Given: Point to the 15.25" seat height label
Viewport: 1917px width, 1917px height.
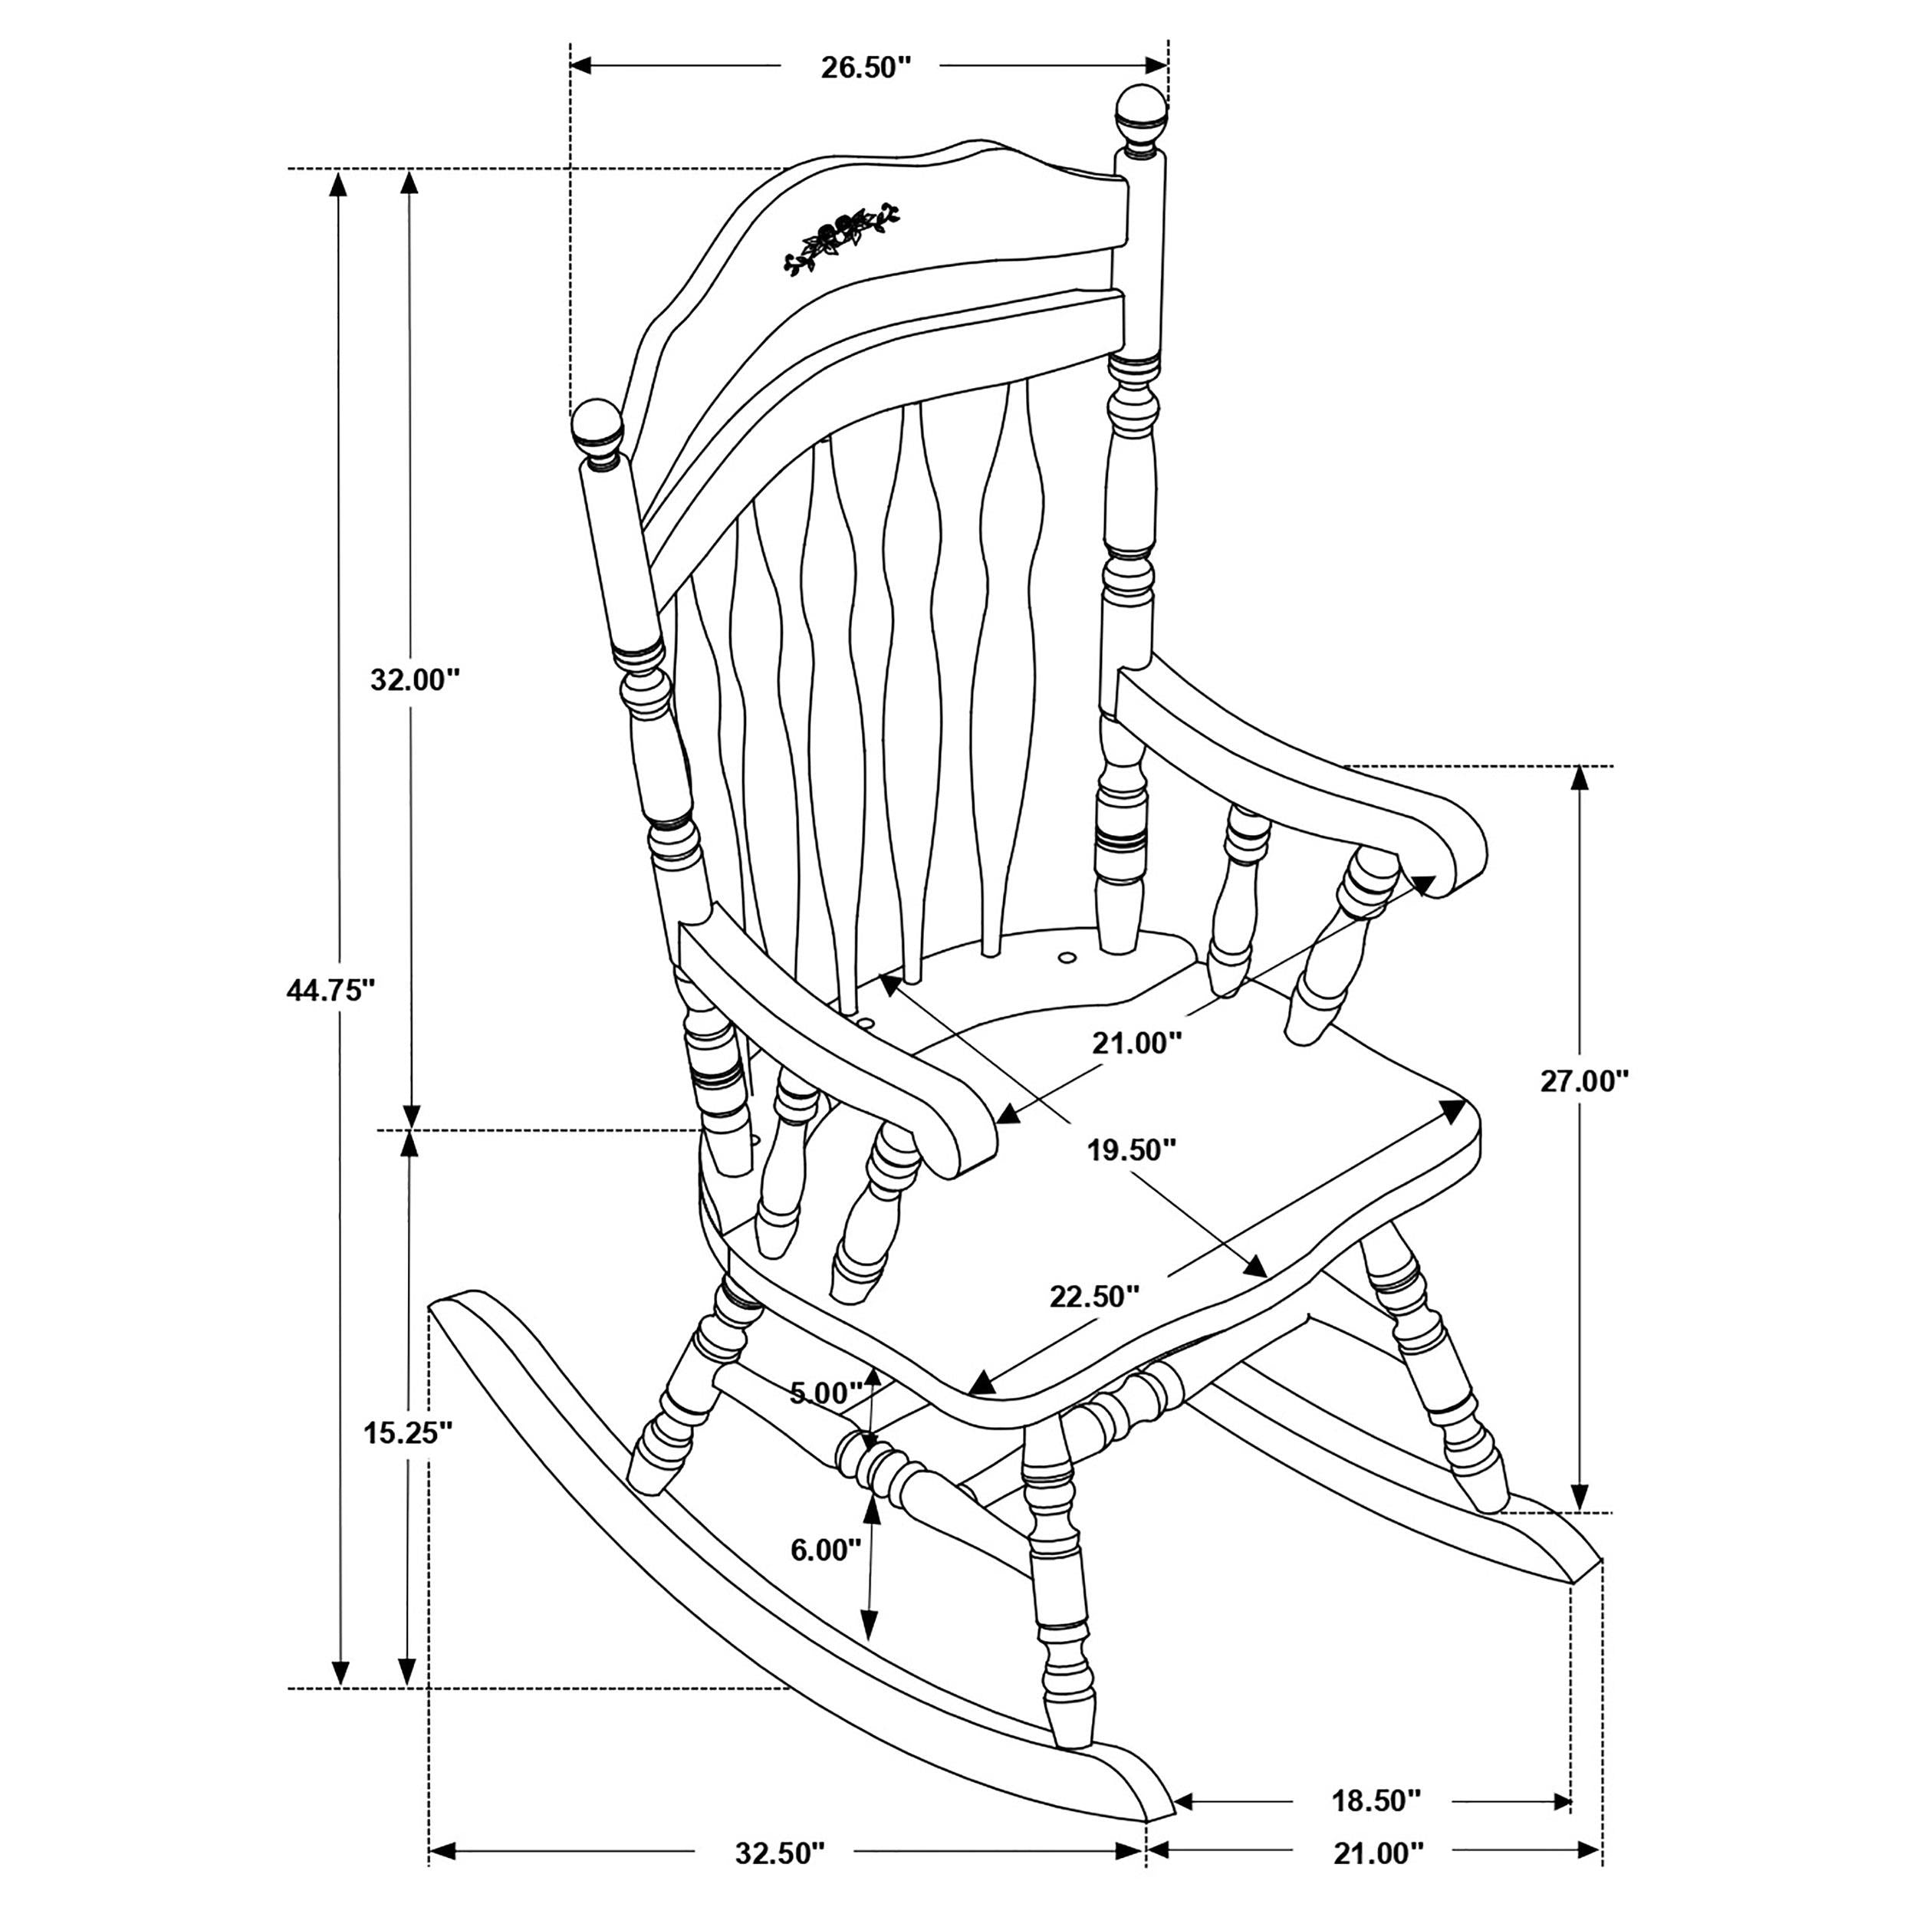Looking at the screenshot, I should click(408, 1433).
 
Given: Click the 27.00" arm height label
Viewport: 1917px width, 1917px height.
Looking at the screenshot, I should click(1585, 1081).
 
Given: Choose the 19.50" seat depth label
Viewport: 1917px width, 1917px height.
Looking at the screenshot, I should click(1131, 1151).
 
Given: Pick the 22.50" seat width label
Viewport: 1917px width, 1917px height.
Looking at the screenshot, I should click(1094, 1297).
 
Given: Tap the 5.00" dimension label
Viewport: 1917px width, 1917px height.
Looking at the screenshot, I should click(826, 1393).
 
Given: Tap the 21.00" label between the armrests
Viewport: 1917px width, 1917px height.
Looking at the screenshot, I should click(1137, 1044).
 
